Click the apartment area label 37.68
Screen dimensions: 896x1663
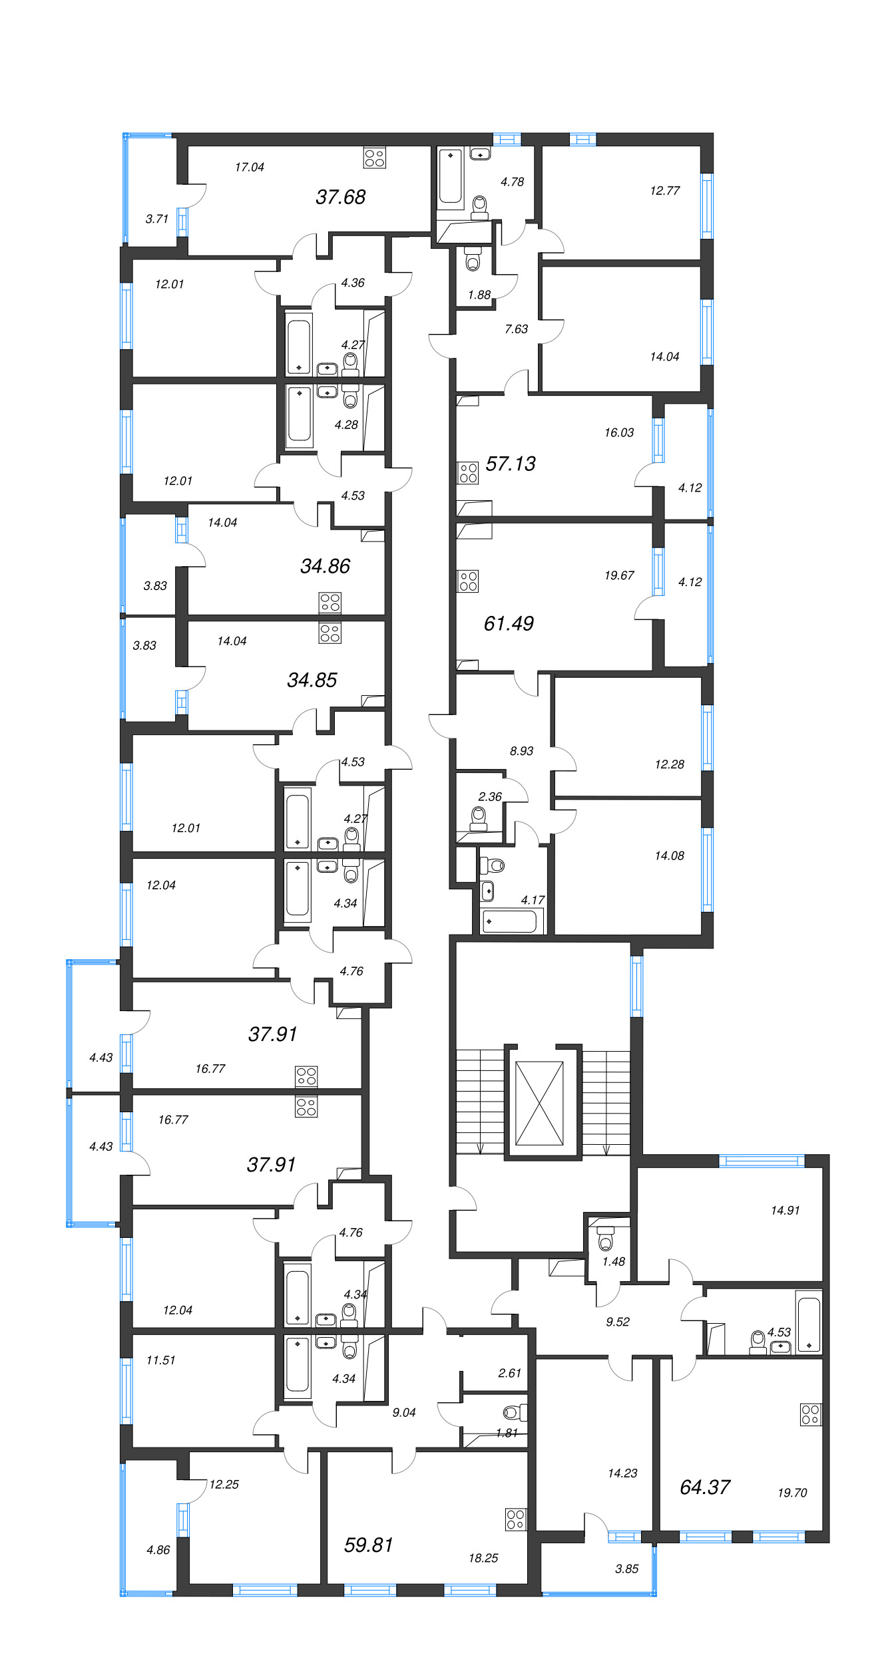tap(340, 197)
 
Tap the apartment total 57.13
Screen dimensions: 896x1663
tap(511, 464)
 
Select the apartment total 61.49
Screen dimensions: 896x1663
tap(509, 623)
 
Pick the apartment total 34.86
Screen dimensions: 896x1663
tap(325, 566)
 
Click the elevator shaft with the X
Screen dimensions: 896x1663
tap(539, 1104)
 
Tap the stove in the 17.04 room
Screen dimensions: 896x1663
tap(375, 158)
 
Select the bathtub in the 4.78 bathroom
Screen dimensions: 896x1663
tap(451, 176)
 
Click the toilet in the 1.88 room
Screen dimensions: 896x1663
tap(473, 259)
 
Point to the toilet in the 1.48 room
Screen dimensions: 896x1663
tap(605, 1238)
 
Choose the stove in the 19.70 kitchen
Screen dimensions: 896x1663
tap(811, 1415)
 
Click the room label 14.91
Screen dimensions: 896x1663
tap(785, 1211)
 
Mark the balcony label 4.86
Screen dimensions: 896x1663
tap(158, 1550)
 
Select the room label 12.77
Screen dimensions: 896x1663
tap(665, 191)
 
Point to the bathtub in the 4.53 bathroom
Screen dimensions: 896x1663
tap(809, 1321)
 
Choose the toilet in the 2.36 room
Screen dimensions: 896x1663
tap(479, 818)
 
